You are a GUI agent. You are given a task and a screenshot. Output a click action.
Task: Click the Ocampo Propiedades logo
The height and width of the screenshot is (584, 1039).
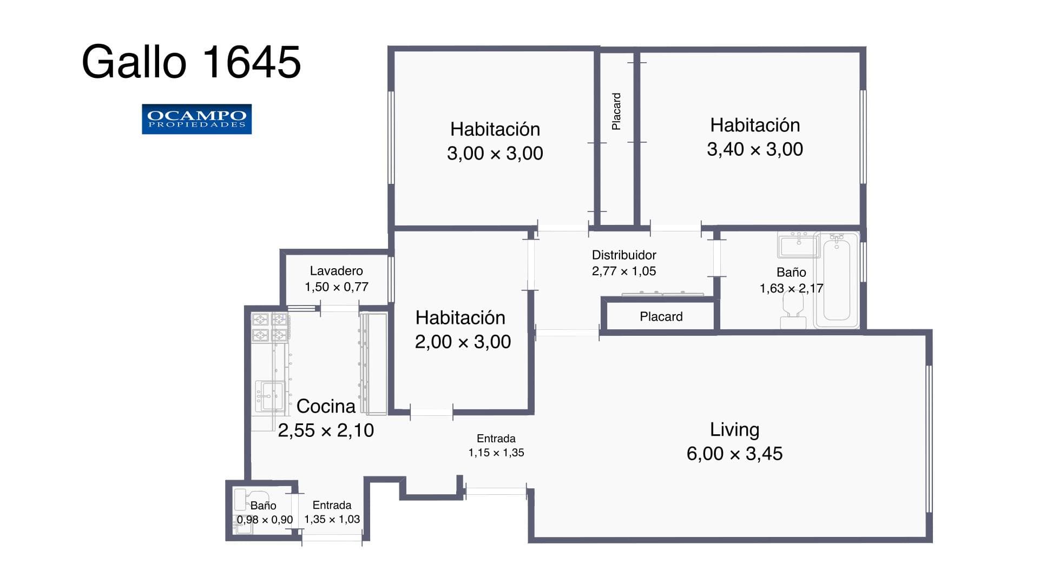tap(196, 119)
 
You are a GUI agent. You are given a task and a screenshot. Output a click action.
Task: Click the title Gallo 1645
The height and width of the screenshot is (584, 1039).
tap(191, 62)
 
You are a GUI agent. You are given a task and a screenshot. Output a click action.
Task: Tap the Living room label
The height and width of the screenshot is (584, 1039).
tap(734, 429)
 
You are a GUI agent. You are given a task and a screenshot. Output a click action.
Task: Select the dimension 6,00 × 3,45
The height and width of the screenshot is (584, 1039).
tap(734, 454)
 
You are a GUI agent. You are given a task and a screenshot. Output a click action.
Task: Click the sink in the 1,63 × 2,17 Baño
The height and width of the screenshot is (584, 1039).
tap(799, 245)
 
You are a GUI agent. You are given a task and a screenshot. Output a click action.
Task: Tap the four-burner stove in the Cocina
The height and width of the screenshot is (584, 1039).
tap(270, 327)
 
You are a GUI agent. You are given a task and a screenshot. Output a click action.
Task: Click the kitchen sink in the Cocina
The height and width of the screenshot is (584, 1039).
tap(269, 396)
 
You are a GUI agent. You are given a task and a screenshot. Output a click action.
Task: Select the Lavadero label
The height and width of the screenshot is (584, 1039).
tap(336, 271)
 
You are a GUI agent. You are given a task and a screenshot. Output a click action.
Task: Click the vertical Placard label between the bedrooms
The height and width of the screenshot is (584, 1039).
tap(616, 111)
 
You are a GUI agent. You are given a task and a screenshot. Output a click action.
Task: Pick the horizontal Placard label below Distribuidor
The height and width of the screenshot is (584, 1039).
tap(661, 317)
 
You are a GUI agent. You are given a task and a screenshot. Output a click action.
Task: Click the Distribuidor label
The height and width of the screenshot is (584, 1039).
tap(623, 255)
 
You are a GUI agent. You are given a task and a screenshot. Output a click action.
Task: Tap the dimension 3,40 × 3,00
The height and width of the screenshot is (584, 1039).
tap(754, 149)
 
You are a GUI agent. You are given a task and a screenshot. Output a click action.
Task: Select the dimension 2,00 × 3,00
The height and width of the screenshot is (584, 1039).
tap(463, 342)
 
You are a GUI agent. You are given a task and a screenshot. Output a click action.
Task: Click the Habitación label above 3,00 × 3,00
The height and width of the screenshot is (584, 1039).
tap(495, 129)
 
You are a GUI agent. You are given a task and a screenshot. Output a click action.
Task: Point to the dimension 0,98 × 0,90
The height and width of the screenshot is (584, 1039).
tap(265, 520)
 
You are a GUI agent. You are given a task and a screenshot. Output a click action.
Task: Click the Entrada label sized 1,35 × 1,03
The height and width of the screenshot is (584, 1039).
tap(332, 505)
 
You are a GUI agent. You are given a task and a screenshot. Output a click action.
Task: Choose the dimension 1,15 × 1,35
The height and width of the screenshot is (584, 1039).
tap(496, 453)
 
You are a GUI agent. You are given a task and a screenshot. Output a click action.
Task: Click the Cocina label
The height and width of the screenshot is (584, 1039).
tap(326, 406)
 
